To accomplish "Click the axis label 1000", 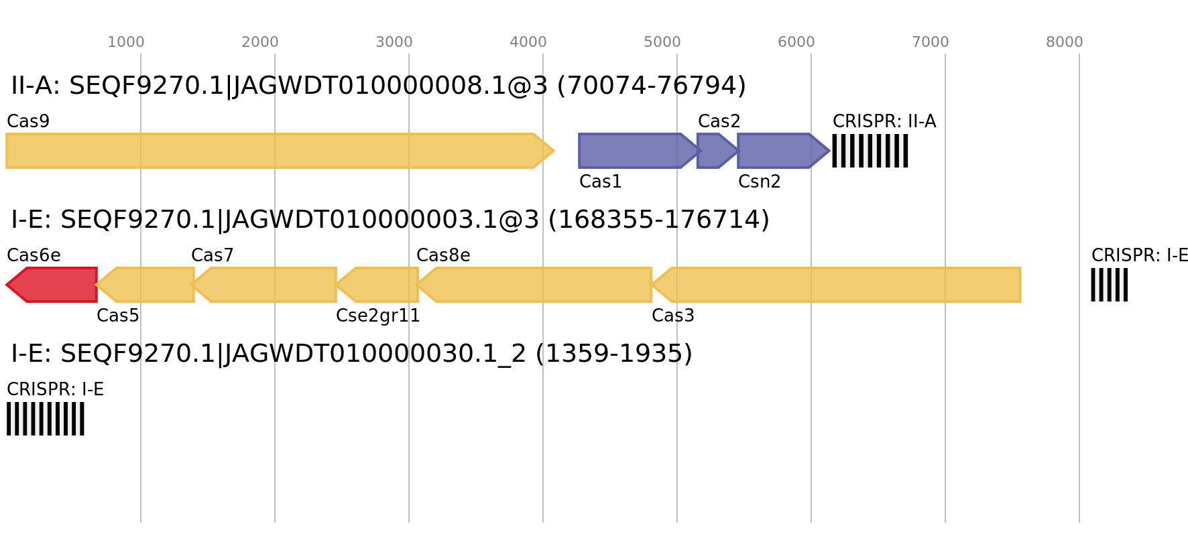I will [x=126, y=42].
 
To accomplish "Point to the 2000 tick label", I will [x=260, y=42].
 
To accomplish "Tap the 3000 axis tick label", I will [x=394, y=42].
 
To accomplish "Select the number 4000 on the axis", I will [x=528, y=42].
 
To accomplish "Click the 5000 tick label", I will [x=662, y=42].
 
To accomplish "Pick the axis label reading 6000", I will [x=796, y=42].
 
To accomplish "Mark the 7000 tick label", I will [x=931, y=42].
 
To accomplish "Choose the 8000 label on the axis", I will [x=1065, y=42].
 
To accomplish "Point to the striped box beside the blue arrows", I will [x=870, y=151].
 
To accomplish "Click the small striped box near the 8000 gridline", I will [x=1109, y=285].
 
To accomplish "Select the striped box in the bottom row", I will [x=46, y=419].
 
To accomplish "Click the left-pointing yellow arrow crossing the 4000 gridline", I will [x=536, y=285].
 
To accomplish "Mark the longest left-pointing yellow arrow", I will [x=838, y=285].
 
